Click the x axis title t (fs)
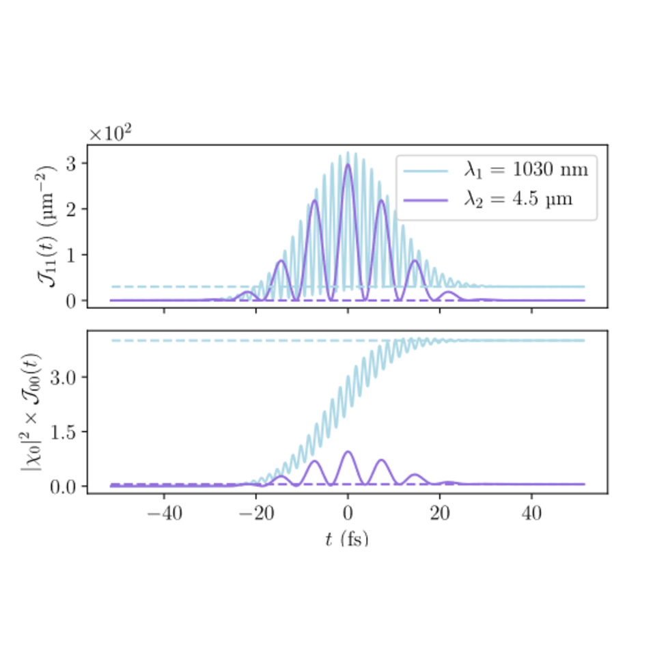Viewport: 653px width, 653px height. click(x=347, y=539)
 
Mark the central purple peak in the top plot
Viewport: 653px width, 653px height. click(x=348, y=165)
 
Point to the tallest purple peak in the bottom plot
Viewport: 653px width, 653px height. click(x=348, y=451)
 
